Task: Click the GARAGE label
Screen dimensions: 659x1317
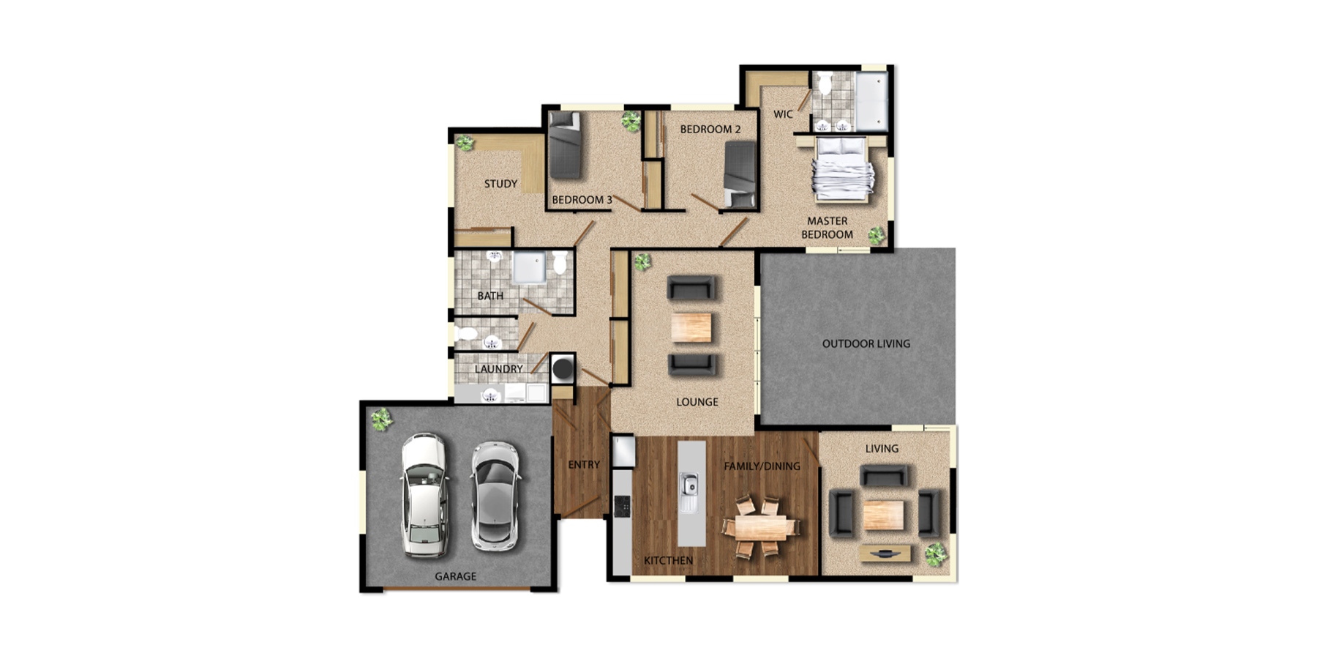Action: [455, 576]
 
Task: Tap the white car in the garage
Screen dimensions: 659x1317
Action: [424, 495]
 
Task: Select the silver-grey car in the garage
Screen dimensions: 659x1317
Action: [495, 495]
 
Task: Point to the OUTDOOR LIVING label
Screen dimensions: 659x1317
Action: [866, 343]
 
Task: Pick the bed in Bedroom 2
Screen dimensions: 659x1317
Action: [740, 174]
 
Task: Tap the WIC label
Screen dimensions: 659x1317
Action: [783, 114]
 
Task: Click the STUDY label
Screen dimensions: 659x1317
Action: [500, 184]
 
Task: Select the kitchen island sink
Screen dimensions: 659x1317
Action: [689, 485]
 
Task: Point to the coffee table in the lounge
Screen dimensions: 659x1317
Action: [691, 327]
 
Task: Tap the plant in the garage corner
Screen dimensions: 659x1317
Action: [380, 420]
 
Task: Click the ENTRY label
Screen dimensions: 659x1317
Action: [584, 465]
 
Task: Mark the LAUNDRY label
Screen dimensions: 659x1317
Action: [499, 369]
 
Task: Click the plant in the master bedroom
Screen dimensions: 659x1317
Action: [876, 235]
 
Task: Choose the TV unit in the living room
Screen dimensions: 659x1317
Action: [886, 554]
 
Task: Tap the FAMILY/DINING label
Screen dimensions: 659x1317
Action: [762, 466]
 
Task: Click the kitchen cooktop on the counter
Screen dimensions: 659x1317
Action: [623, 505]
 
